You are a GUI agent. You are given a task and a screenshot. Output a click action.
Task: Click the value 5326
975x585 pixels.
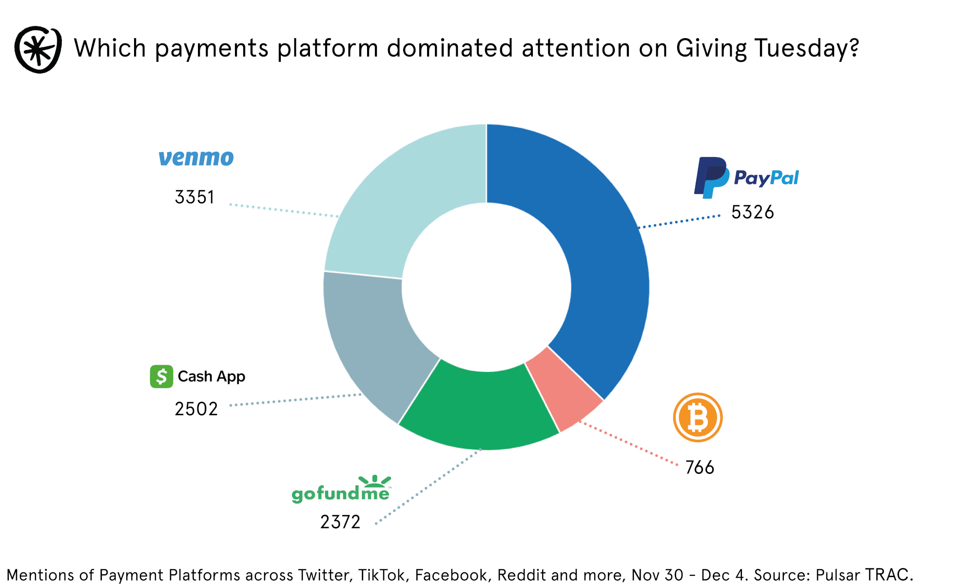pyautogui.click(x=752, y=213)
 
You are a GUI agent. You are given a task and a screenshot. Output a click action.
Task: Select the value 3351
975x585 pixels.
pyautogui.click(x=195, y=197)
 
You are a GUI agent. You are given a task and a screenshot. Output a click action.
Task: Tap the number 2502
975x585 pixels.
pyautogui.click(x=196, y=409)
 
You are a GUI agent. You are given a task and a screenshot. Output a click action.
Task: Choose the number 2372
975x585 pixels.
pyautogui.click(x=340, y=522)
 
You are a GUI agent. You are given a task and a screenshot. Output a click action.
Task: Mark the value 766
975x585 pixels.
pyautogui.click(x=700, y=468)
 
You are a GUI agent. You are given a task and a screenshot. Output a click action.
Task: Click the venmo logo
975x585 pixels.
pyautogui.click(x=196, y=158)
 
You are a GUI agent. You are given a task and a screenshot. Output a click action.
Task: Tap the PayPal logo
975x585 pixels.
pyautogui.click(x=746, y=177)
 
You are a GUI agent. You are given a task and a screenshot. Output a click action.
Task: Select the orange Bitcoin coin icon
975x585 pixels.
pyautogui.click(x=698, y=417)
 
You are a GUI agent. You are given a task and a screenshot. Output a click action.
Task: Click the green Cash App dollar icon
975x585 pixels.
pyautogui.click(x=161, y=376)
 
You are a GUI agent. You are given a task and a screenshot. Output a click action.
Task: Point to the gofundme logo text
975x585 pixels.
pyautogui.click(x=341, y=492)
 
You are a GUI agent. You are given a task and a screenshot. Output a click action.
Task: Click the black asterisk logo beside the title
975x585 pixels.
pyautogui.click(x=38, y=50)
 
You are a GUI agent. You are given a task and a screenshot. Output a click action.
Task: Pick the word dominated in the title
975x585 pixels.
pyautogui.click(x=450, y=49)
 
